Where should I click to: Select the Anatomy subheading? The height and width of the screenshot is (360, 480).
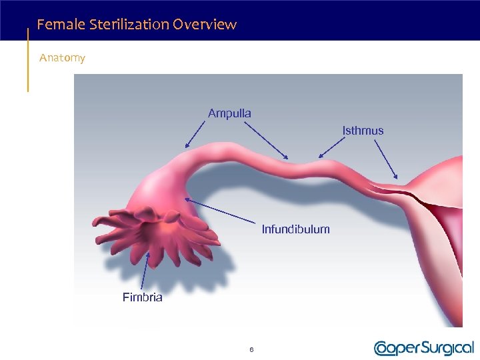click(62, 58)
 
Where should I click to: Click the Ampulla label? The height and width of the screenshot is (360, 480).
click(229, 113)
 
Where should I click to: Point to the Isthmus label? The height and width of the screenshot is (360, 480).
click(363, 131)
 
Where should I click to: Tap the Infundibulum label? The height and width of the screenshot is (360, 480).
click(295, 229)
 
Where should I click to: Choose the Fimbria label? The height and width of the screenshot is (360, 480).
click(142, 297)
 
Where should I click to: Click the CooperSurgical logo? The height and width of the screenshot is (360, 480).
click(424, 347)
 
